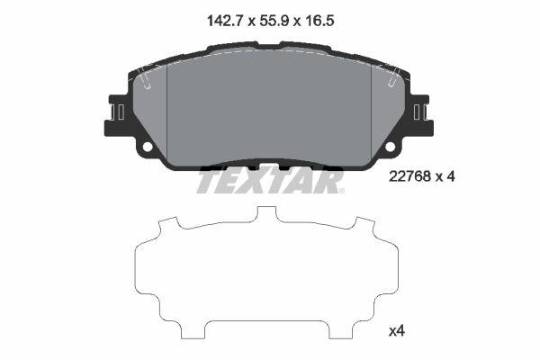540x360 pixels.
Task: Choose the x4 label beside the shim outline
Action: click(x=396, y=330)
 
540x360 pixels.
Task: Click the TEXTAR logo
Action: click(x=269, y=181)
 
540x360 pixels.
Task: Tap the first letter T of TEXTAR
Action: click(x=208, y=181)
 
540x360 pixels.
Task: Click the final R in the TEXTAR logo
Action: click(x=330, y=181)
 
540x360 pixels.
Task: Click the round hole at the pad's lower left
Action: click(x=147, y=147)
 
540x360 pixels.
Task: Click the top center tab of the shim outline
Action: click(x=267, y=214)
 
